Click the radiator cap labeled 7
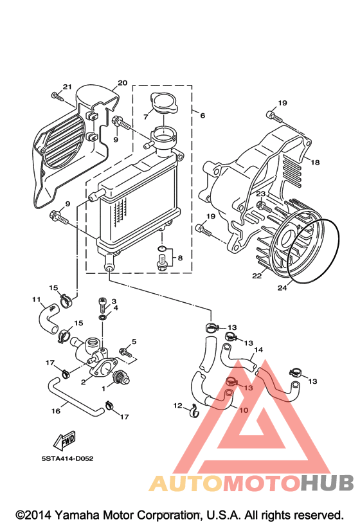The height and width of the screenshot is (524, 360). pos(164,103)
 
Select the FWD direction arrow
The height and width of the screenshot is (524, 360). pos(64,441)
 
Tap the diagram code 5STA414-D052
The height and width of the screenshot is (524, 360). pos(67,458)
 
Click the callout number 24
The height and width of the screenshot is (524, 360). pos(282,287)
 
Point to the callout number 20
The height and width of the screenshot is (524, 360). pos(123,82)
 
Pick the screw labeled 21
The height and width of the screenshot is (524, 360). pos(58,96)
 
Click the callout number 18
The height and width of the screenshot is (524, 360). pos(315,162)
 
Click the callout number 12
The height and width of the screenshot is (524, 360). pos(178,405)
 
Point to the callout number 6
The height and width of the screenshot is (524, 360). pos(203,115)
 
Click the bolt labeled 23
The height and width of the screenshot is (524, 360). pos(264,206)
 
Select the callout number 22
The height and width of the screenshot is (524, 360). pos(256,276)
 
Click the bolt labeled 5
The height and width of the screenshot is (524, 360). pos(126,352)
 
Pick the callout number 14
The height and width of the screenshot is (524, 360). pos(258,350)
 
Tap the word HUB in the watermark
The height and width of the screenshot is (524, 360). pos(327,483)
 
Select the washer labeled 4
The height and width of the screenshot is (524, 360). pos(103,316)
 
